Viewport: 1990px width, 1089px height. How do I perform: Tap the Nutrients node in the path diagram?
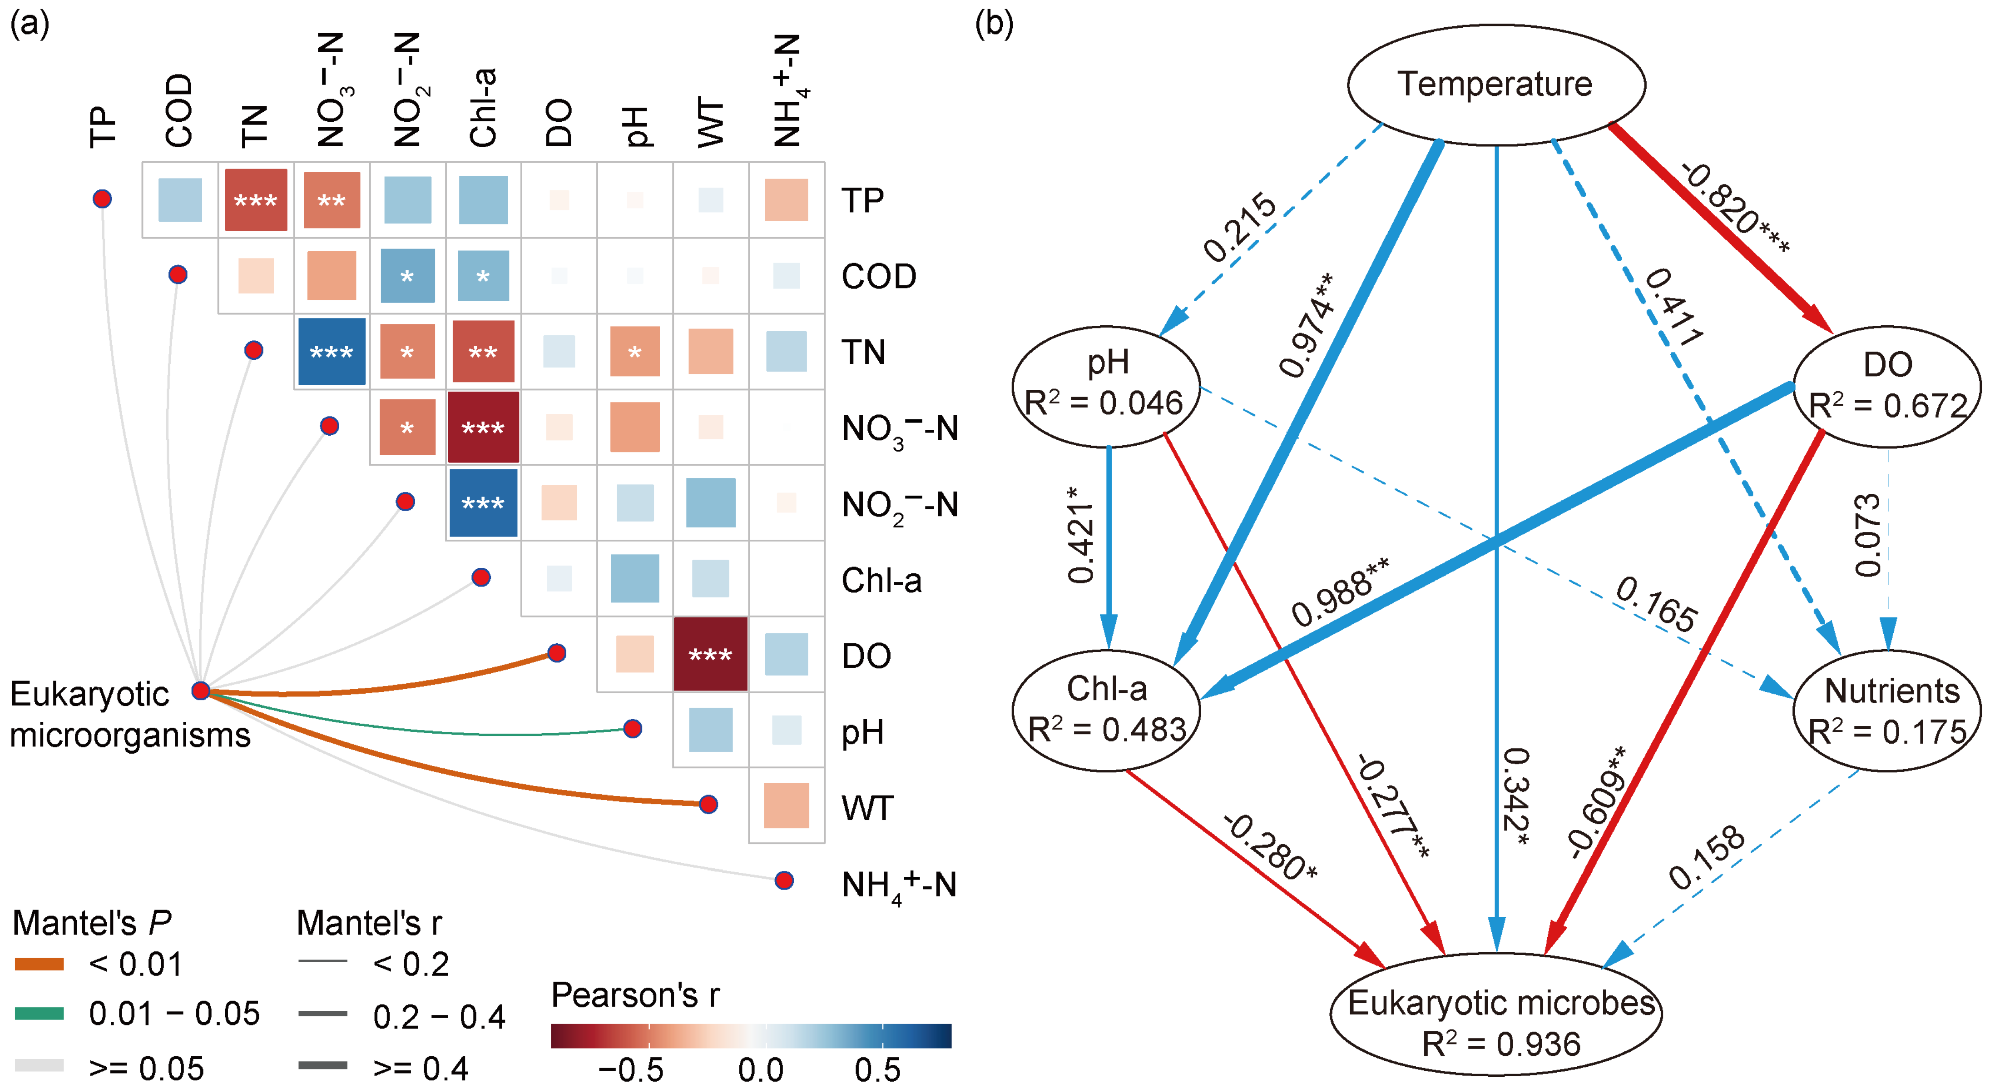[1887, 710]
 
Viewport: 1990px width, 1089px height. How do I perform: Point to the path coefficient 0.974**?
[1307, 325]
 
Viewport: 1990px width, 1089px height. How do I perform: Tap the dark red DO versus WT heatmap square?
[710, 654]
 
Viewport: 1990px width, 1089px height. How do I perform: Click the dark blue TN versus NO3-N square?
[332, 352]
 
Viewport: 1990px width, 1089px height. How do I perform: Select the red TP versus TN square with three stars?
[256, 200]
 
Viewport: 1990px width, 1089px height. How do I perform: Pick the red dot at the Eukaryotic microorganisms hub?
[201, 690]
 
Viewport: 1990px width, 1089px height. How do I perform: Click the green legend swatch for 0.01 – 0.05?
[40, 1013]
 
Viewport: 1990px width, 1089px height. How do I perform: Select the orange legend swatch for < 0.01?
[40, 964]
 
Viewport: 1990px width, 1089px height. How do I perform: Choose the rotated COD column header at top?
[178, 110]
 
